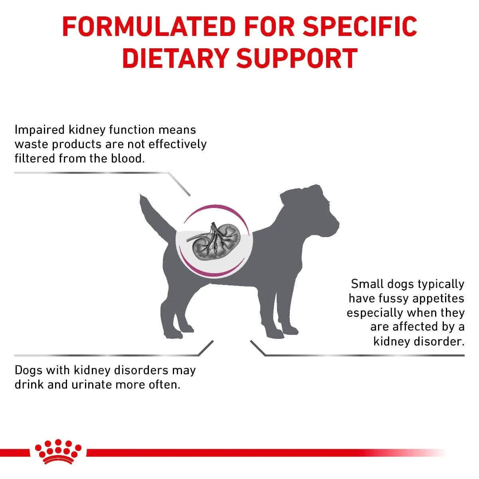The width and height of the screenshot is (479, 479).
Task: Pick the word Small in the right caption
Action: coord(366,284)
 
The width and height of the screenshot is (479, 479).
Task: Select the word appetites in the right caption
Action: coord(439,299)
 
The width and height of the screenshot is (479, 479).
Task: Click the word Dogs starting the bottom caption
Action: coord(28,370)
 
